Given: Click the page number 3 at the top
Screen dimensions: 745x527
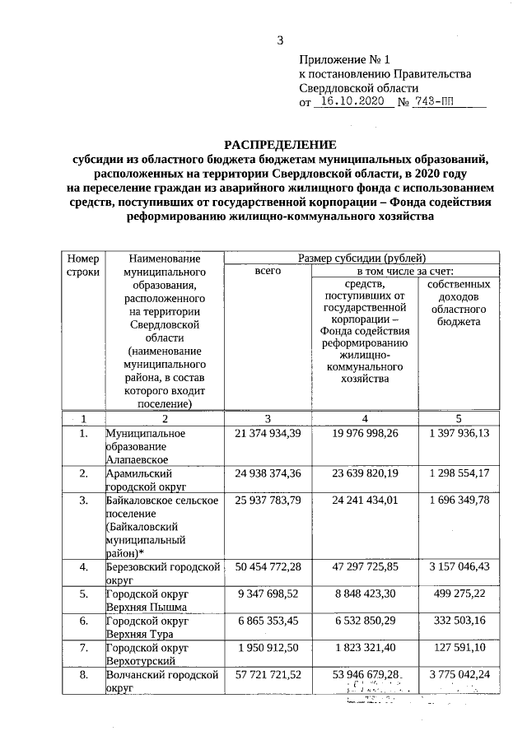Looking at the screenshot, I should (x=280, y=40).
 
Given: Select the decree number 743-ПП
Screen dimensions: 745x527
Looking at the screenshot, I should (x=437, y=102).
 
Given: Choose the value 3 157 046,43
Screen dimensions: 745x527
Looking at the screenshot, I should (x=459, y=567).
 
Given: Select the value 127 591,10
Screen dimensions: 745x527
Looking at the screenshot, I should (x=459, y=648).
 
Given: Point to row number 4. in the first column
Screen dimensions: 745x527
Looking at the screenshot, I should (x=83, y=567).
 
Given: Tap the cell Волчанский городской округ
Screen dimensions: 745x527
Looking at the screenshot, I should (x=161, y=681).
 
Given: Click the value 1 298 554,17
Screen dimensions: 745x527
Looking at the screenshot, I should (x=459, y=473).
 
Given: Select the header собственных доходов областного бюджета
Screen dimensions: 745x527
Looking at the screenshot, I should (x=459, y=303).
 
